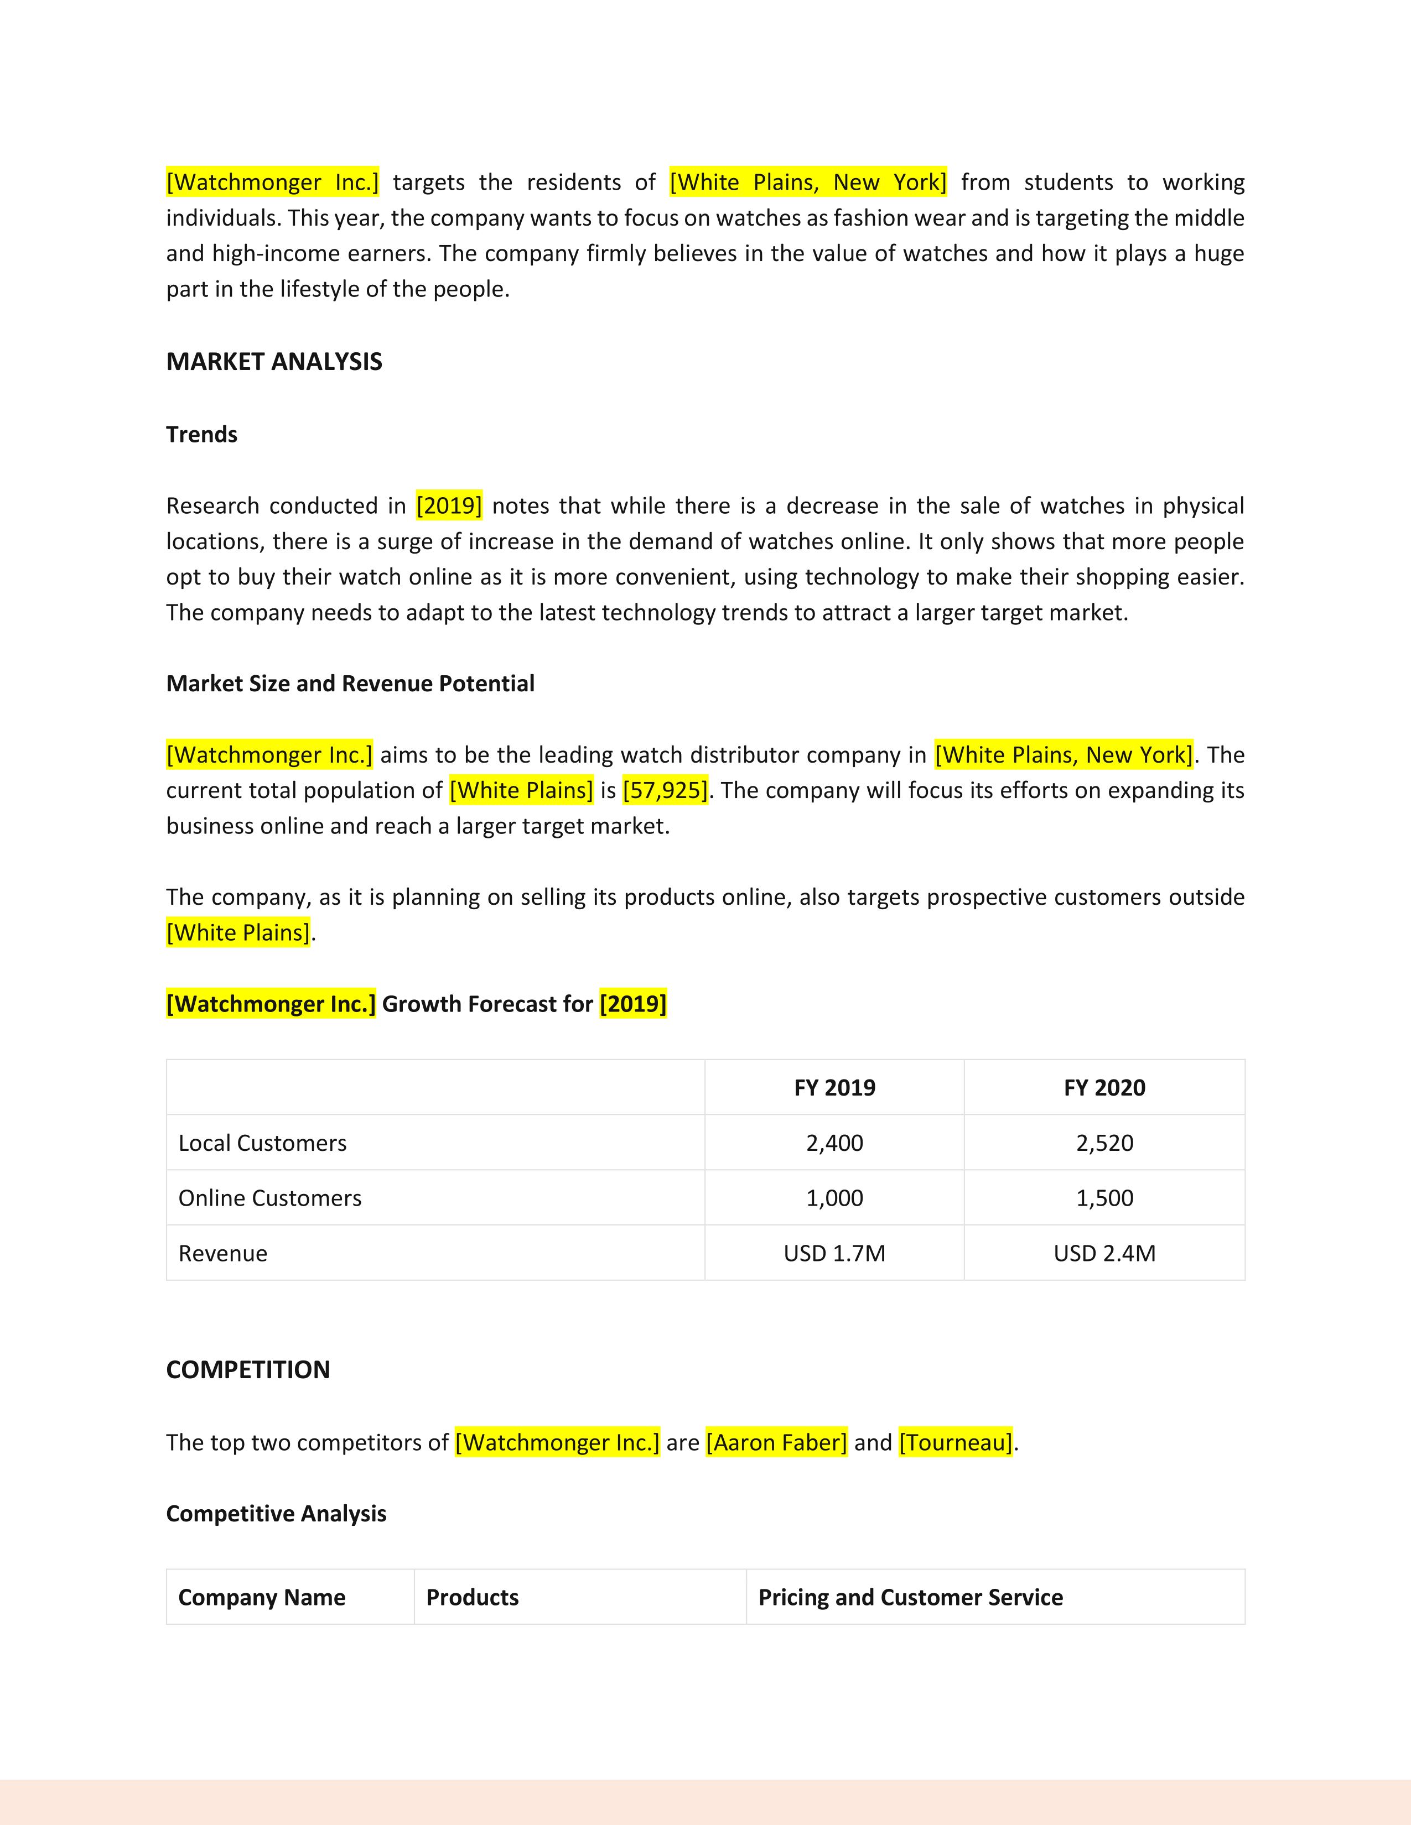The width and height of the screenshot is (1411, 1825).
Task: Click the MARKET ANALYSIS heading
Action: point(274,362)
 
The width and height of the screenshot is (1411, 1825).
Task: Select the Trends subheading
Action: point(201,435)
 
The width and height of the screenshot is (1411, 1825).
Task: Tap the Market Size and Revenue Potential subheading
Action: point(350,684)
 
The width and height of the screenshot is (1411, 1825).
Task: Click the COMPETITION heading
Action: point(248,1370)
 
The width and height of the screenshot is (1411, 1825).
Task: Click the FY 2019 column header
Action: point(834,1088)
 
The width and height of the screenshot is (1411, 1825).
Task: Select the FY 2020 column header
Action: point(1104,1088)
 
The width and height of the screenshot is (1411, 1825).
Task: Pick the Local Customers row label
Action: point(262,1143)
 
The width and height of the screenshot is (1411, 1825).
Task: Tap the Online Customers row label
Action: point(270,1198)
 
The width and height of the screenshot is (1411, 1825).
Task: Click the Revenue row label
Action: point(223,1253)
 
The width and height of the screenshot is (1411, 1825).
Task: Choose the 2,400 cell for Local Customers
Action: point(834,1143)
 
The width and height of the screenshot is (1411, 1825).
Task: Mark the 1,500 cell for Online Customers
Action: point(1104,1198)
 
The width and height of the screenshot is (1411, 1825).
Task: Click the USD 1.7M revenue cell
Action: point(834,1253)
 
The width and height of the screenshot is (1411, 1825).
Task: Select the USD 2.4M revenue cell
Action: point(1104,1253)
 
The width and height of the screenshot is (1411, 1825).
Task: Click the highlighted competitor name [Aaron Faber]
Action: point(776,1442)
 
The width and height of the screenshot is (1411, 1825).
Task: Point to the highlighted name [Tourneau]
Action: point(956,1442)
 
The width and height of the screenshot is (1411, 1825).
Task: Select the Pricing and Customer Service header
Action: point(910,1598)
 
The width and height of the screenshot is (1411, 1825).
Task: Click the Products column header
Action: point(473,1598)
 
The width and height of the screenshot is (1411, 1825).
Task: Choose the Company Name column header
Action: point(262,1598)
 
